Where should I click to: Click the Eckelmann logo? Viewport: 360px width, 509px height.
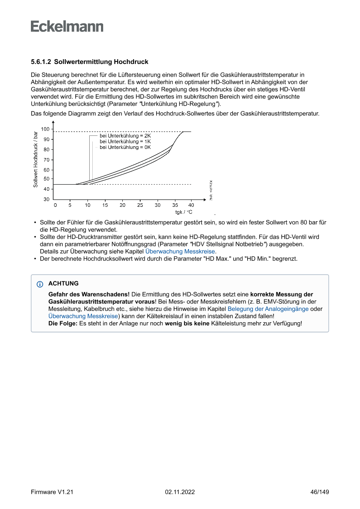tap(67, 27)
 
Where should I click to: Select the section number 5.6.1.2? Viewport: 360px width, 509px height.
tap(41, 62)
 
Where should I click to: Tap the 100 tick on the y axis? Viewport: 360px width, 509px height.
tap(45, 129)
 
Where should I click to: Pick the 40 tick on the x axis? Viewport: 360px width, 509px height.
tap(191, 205)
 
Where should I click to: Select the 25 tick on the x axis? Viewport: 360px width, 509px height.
tap(140, 205)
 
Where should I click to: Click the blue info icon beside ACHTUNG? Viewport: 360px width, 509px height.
tap(40, 284)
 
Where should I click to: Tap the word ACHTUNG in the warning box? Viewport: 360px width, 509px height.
tap(64, 283)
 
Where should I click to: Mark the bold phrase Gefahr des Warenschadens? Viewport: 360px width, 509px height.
tap(89, 294)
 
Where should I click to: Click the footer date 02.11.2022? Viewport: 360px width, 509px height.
tap(180, 492)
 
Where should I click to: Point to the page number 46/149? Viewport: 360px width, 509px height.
tap(319, 492)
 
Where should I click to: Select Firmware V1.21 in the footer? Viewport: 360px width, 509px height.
tap(52, 492)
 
